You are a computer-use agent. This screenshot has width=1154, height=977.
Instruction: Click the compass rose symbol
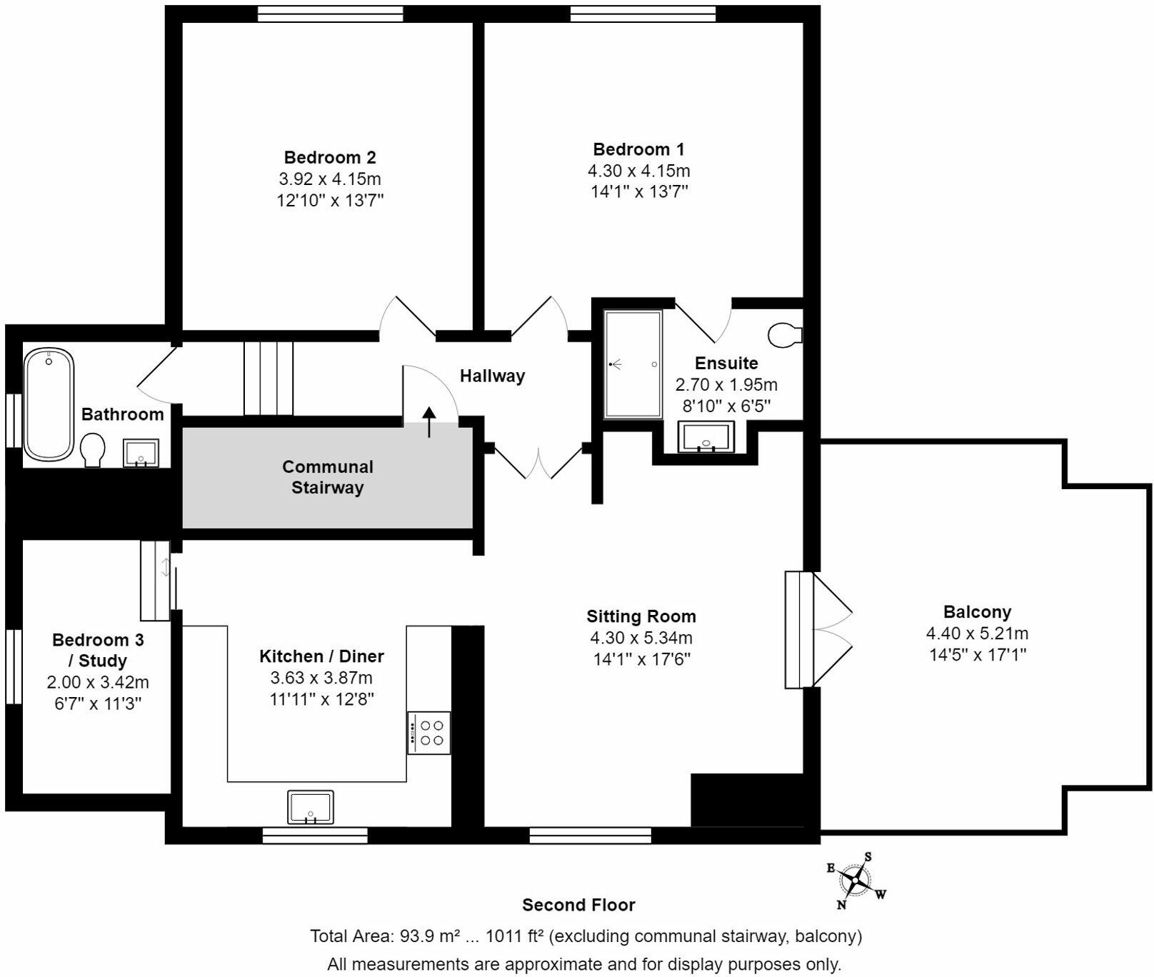855,879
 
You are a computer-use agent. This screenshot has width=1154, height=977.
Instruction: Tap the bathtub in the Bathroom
49,404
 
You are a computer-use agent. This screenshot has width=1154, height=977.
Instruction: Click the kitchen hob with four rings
429,732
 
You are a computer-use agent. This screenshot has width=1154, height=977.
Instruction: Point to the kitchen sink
311,806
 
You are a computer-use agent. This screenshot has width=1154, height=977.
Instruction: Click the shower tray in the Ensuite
633,364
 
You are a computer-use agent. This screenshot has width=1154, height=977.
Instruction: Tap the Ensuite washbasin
706,437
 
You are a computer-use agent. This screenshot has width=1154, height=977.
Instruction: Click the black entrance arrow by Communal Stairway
429,421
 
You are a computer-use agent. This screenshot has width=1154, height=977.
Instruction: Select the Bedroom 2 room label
330,157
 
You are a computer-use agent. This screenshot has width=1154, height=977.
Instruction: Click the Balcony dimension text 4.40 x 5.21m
977,633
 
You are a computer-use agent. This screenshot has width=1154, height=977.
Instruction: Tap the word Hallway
492,376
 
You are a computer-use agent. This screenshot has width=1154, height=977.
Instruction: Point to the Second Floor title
578,905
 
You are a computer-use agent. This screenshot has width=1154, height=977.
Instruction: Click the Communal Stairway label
328,477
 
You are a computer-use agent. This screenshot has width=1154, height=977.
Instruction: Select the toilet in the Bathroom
93,450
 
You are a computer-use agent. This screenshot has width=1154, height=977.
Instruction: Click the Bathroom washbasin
141,453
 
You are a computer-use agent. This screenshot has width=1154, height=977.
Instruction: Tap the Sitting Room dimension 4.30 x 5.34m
641,638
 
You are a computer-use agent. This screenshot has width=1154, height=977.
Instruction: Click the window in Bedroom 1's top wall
643,13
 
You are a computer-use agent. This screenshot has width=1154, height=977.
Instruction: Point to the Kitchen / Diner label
321,656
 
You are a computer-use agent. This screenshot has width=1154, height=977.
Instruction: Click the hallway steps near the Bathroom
269,379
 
